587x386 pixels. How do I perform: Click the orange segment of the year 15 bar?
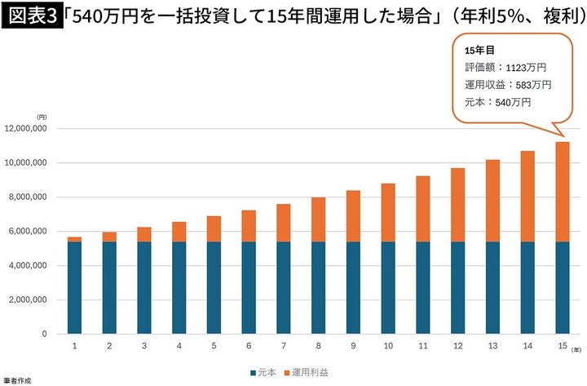(562, 192)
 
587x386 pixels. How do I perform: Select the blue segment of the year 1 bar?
(74, 287)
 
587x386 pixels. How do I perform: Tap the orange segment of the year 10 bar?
(388, 212)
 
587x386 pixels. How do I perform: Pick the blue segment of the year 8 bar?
(318, 287)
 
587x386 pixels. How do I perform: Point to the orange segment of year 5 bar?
(214, 228)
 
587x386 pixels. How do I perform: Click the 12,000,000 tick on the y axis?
(29, 129)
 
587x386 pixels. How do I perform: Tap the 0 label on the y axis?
(46, 335)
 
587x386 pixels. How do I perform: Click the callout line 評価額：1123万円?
(505, 68)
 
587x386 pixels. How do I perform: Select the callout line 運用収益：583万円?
(508, 85)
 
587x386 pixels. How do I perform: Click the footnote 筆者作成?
(16, 380)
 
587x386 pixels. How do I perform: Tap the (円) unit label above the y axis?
(42, 118)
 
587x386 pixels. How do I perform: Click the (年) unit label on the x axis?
(576, 348)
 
